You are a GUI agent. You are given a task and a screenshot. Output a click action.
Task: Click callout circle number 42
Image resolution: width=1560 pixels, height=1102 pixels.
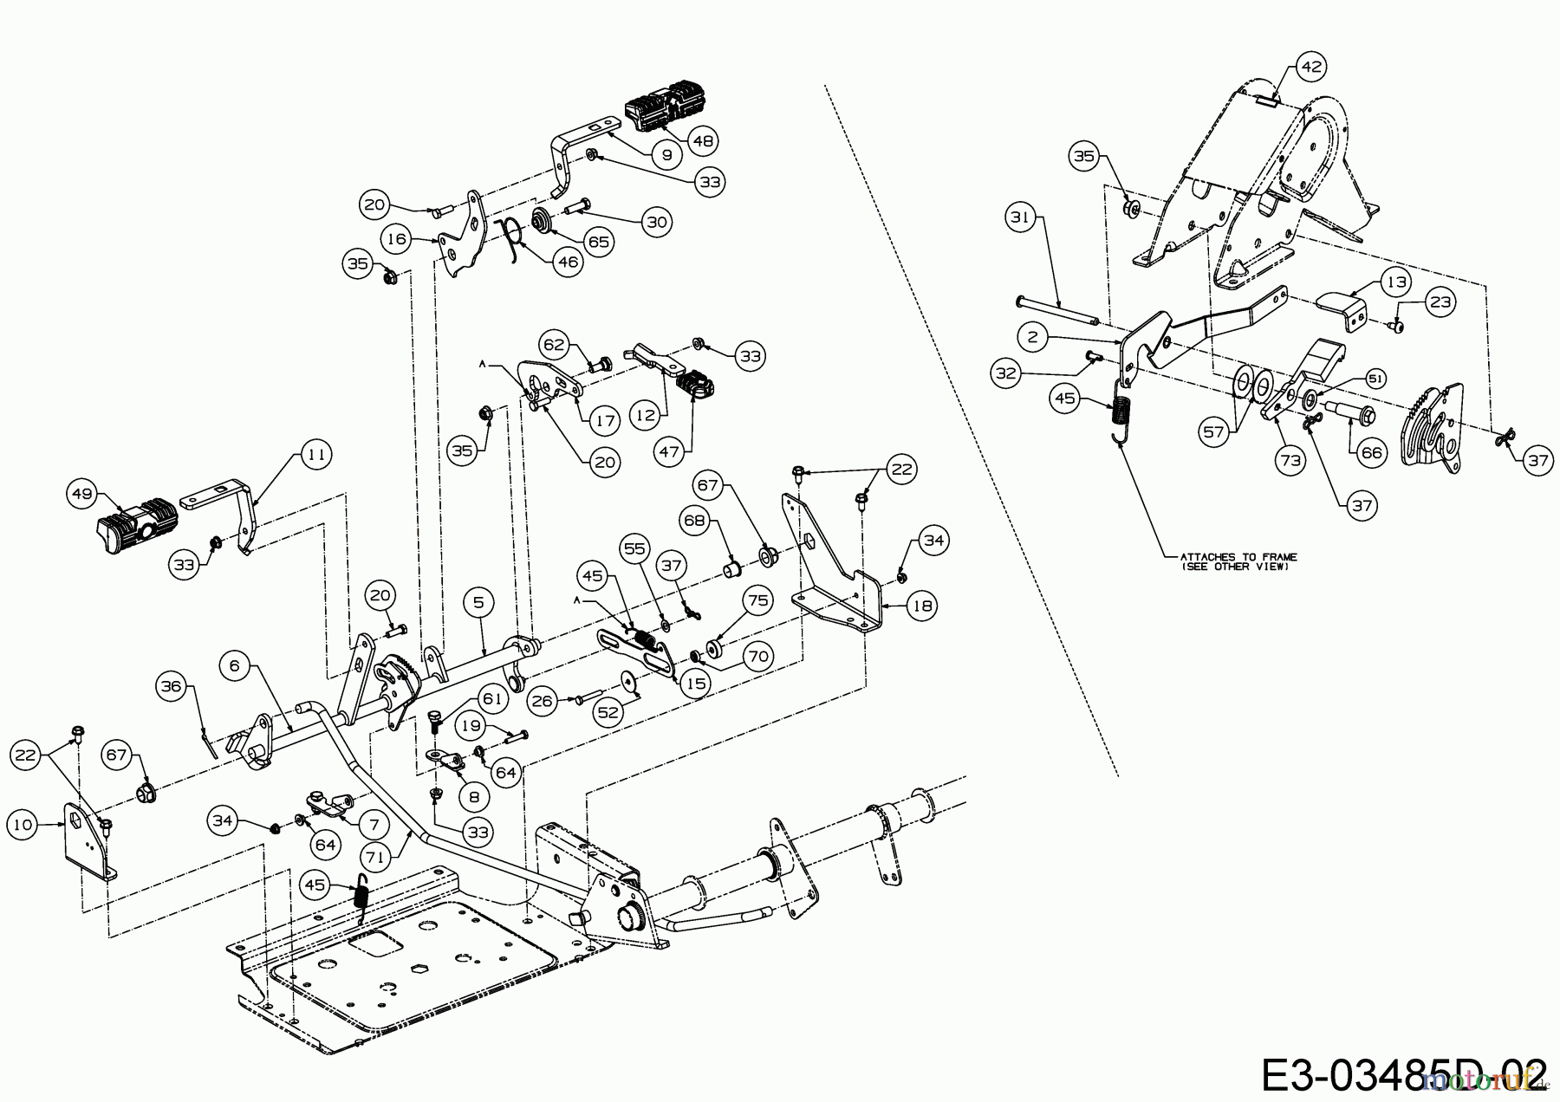(x=1311, y=66)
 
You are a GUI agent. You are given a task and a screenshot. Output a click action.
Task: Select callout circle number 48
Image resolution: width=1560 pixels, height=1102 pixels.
(x=703, y=139)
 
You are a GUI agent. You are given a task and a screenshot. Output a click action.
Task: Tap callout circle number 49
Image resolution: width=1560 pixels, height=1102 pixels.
(x=81, y=494)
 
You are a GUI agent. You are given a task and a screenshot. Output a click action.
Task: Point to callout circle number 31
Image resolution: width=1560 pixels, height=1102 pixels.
(x=1021, y=217)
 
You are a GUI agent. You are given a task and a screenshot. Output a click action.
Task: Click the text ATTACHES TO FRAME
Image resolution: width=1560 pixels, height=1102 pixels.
(x=1238, y=557)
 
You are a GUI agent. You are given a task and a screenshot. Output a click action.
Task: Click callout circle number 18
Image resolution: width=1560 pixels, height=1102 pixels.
(x=922, y=606)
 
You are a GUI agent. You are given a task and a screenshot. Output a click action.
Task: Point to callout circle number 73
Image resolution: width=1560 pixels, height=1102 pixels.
(x=1290, y=461)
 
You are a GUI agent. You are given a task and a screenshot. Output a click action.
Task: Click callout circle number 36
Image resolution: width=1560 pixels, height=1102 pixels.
(x=172, y=686)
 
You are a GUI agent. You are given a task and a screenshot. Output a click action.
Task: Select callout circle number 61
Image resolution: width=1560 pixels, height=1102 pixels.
(x=491, y=698)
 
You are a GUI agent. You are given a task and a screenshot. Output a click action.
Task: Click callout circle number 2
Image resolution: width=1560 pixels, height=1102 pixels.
(x=1031, y=336)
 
